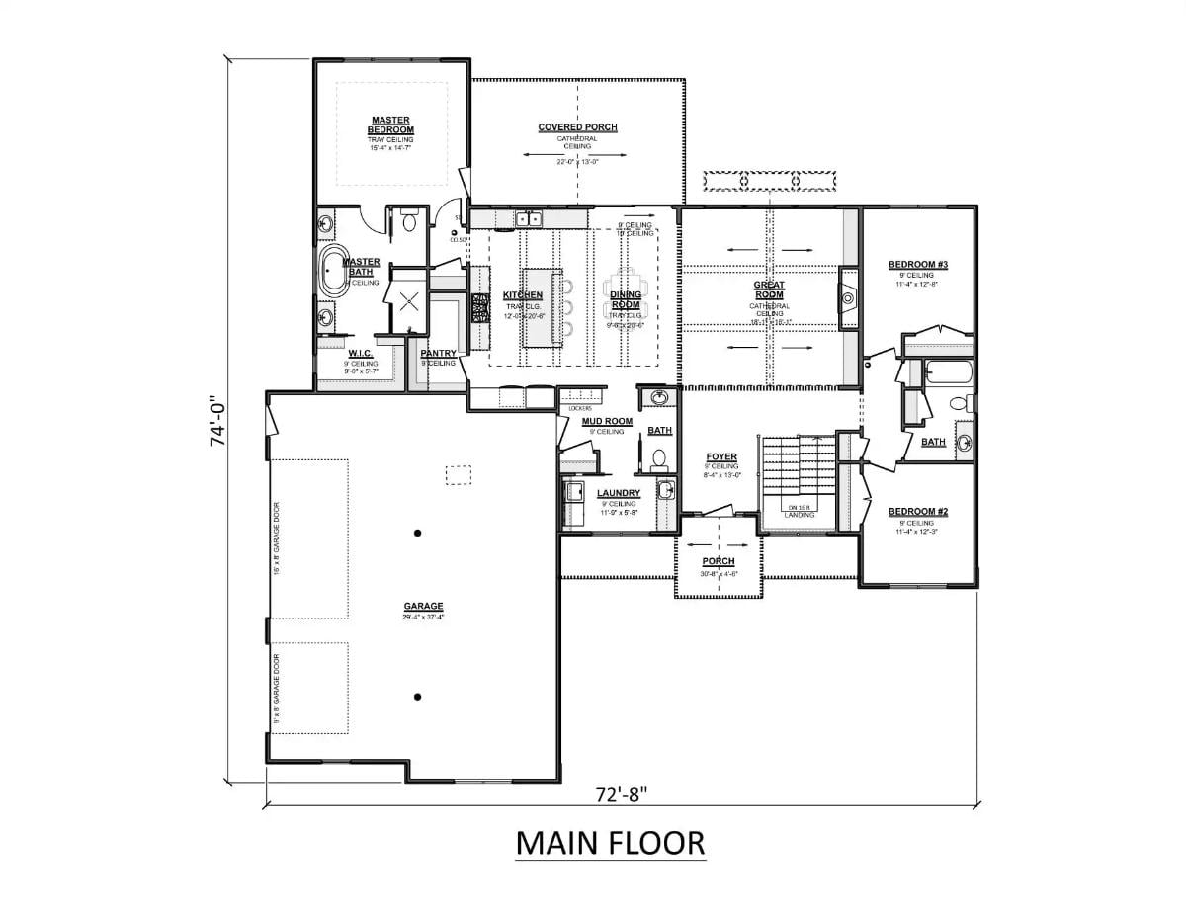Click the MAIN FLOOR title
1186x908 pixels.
(x=610, y=843)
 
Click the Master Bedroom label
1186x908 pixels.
(x=390, y=125)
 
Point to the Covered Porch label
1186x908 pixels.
(x=577, y=127)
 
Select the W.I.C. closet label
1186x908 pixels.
(x=359, y=353)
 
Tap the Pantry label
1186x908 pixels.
(x=437, y=353)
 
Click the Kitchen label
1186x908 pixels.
(x=522, y=295)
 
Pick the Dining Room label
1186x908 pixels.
(x=625, y=299)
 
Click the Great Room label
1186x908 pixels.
(x=769, y=289)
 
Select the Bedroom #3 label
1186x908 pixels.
(x=917, y=265)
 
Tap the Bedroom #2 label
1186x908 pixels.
(x=917, y=511)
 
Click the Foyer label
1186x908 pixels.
(x=720, y=456)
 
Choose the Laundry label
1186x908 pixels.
(x=618, y=493)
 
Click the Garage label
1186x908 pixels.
(x=423, y=606)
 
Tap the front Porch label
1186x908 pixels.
(x=718, y=561)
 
